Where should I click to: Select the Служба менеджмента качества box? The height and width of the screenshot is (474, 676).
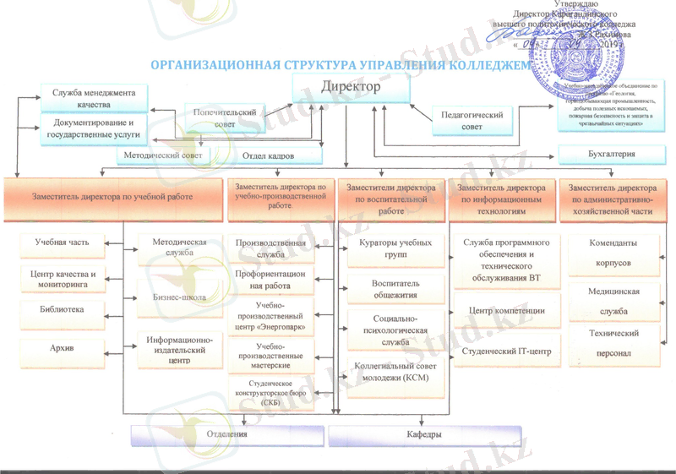(94, 97)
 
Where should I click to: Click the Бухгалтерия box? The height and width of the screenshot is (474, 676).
(611, 155)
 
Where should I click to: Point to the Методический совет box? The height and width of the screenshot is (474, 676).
(163, 156)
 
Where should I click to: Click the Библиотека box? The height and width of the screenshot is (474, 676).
(61, 310)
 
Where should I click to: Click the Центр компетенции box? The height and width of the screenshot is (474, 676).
(506, 311)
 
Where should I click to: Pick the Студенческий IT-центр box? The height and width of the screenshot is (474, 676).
(506, 351)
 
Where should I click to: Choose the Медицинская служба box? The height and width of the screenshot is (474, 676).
(613, 300)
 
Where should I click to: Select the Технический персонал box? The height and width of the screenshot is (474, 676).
(613, 343)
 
